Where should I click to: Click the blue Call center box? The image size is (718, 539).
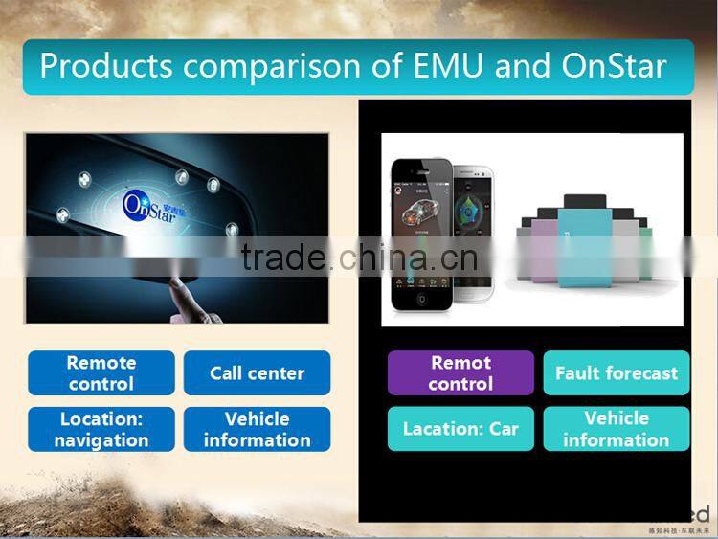tap(257, 373)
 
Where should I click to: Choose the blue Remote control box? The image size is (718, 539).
tap(101, 373)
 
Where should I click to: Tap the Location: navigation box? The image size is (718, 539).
tap(101, 430)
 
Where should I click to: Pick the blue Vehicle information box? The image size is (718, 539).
tap(257, 430)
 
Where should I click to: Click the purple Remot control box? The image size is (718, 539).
tap(460, 373)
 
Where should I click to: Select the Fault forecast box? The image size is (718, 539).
tap(617, 373)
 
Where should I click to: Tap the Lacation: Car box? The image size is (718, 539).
tap(460, 429)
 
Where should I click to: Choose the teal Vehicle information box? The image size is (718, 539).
tap(617, 429)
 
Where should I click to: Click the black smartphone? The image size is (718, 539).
tap(421, 235)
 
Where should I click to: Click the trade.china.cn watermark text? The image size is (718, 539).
tap(359, 258)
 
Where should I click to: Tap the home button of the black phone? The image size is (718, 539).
tap(421, 299)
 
